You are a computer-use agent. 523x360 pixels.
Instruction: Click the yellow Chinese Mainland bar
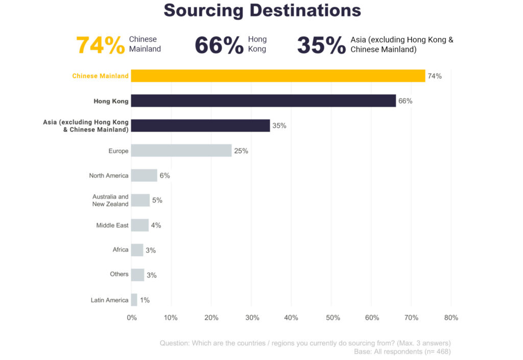pos(278,76)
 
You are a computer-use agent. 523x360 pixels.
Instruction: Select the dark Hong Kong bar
pos(263,101)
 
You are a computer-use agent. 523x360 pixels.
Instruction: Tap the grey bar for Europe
pos(181,151)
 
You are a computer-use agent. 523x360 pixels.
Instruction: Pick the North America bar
pos(144,175)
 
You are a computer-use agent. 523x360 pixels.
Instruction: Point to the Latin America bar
pos(134,300)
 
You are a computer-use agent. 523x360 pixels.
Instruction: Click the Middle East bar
pos(140,225)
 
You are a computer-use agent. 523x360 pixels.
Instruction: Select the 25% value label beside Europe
pos(241,151)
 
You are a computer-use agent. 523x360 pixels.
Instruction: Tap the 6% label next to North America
pos(164,175)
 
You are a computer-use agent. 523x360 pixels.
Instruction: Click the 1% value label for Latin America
pos(145,300)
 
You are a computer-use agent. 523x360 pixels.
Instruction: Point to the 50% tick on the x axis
pos(332,318)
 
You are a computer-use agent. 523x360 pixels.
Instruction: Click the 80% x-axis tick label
pos(451,318)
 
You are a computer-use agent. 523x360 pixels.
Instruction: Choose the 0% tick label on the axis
pos(132,318)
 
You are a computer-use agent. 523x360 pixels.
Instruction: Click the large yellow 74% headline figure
pos(100,45)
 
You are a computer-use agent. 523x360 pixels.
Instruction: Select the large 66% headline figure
pos(219,45)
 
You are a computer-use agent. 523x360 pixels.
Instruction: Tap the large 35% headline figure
pos(321,45)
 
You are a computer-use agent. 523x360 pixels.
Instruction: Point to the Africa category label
pos(121,250)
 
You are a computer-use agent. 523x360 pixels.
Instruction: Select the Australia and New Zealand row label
pos(110,200)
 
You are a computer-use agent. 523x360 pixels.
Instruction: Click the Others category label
pos(119,274)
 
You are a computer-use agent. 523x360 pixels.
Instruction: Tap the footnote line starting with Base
pos(402,351)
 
